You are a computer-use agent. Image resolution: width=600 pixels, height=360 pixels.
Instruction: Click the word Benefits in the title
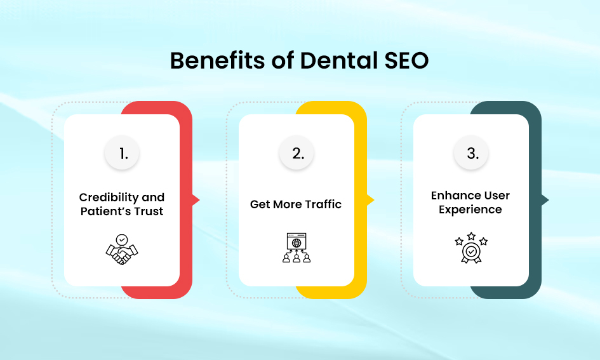(217, 60)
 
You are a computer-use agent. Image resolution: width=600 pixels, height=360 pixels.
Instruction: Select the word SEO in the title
(406, 60)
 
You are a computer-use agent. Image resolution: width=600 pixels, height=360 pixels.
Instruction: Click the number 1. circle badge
(122, 153)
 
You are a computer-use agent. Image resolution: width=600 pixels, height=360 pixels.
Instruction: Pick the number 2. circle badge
(297, 153)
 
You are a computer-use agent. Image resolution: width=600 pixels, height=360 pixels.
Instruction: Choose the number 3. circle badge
(471, 153)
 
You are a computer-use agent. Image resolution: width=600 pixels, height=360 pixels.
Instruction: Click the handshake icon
(122, 250)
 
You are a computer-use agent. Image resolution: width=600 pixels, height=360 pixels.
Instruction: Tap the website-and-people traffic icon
(297, 248)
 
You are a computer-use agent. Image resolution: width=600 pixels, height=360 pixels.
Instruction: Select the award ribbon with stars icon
(471, 248)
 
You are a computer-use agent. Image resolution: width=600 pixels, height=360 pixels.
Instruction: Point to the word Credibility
(109, 197)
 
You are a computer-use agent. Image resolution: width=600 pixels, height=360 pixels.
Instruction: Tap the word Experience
(470, 210)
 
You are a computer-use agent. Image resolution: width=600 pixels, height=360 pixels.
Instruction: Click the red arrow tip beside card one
(199, 200)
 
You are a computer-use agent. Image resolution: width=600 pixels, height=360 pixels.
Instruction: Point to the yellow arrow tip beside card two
(374, 200)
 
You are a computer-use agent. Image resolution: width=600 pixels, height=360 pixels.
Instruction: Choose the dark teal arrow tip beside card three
(549, 200)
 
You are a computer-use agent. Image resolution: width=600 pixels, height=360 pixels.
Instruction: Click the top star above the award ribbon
(471, 236)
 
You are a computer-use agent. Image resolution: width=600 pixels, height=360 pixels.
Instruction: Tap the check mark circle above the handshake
(122, 240)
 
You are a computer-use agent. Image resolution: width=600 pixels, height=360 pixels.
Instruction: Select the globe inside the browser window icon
(297, 243)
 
